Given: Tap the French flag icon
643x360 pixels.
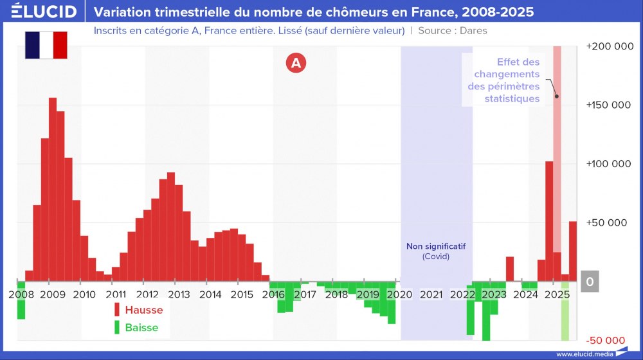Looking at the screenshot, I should click(46, 44).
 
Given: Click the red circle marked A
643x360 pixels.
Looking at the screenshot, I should click(296, 62).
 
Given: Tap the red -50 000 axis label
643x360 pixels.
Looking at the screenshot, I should click(606, 340).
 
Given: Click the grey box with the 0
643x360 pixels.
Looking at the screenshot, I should click(590, 282).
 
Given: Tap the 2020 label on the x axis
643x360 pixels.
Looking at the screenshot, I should click(399, 294).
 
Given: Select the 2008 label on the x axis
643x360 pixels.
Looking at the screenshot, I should click(21, 294).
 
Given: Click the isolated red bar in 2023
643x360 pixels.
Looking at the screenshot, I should click(509, 269).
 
